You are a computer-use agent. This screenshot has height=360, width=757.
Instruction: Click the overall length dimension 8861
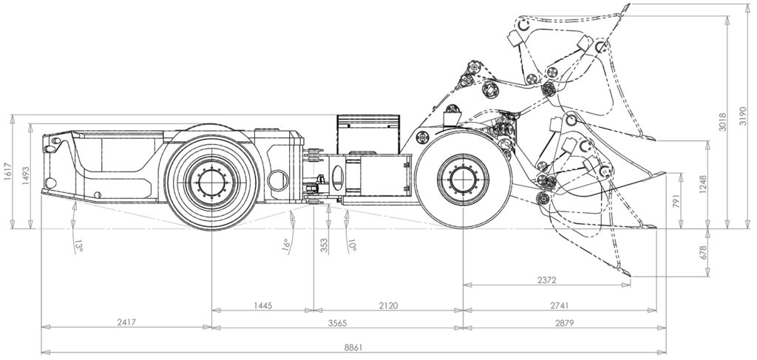(354, 347)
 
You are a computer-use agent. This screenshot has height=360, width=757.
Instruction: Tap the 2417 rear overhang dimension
(126, 322)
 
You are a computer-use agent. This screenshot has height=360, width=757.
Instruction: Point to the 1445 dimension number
(262, 305)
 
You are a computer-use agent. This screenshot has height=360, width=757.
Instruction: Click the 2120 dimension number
(389, 305)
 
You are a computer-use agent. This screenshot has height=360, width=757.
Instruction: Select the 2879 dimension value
(564, 323)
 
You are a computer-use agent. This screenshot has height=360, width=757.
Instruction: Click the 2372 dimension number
(546, 280)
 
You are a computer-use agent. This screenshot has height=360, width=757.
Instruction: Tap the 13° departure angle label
(78, 247)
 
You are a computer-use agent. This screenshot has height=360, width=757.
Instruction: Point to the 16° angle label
(286, 245)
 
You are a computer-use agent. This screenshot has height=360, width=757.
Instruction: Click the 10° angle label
(352, 245)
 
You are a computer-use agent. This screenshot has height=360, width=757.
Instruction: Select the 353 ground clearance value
(325, 245)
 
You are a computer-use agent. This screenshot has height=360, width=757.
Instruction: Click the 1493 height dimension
(26, 177)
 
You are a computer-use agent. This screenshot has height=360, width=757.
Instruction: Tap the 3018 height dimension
(723, 123)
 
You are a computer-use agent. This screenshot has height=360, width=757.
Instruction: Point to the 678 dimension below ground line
(702, 252)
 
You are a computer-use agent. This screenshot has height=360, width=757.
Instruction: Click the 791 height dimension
(675, 201)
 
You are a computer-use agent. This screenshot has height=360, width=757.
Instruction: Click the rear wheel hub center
(211, 182)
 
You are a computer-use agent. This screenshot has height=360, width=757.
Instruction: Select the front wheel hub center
(463, 180)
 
